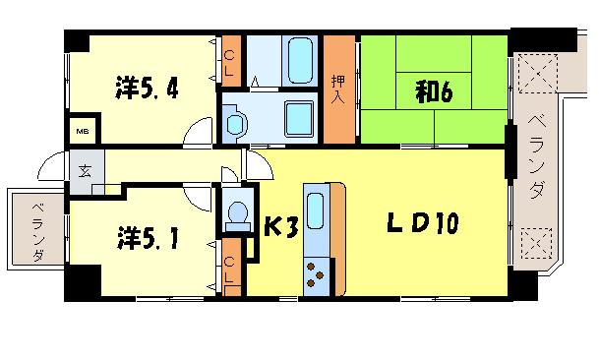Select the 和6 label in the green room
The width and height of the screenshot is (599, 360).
[433, 94]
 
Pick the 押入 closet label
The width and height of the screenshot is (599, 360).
[339, 88]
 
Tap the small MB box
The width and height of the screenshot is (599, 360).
[81, 130]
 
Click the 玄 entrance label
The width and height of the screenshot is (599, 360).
[85, 171]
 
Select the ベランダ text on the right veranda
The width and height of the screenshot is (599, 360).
[535, 158]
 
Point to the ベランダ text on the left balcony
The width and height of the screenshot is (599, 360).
[36, 232]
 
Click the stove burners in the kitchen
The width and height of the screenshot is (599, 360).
[317, 270]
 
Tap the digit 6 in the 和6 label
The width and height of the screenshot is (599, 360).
[446, 94]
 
